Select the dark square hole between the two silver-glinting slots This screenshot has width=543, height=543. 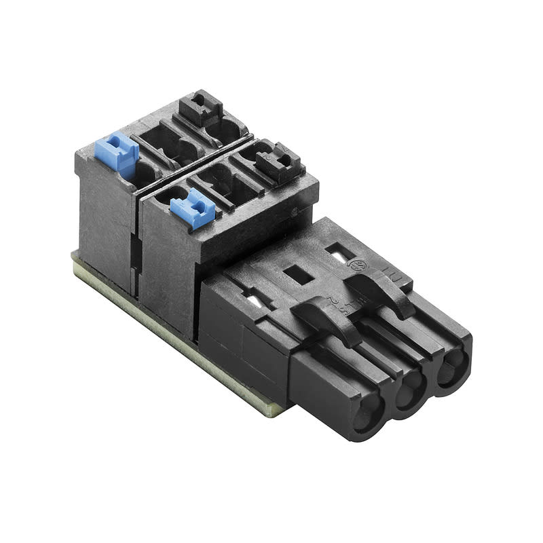(x=295, y=274)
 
